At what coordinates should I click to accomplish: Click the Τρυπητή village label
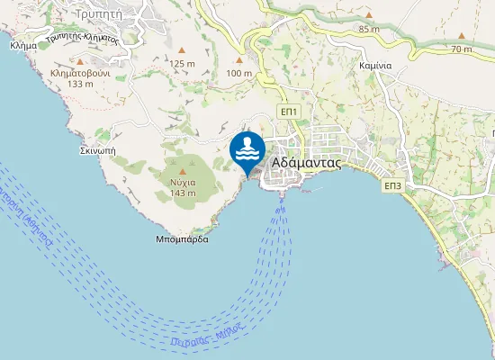click(x=101, y=14)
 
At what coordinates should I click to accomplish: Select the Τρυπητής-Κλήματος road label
click(x=83, y=38)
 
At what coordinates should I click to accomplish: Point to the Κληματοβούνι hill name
click(x=80, y=71)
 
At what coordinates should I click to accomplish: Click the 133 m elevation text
click(x=80, y=84)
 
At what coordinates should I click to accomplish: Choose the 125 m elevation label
click(x=182, y=63)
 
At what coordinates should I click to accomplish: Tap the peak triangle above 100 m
click(x=239, y=59)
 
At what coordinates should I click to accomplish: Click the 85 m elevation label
click(x=368, y=29)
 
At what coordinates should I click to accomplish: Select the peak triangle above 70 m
click(x=463, y=35)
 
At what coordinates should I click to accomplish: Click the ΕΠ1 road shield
click(x=289, y=111)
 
